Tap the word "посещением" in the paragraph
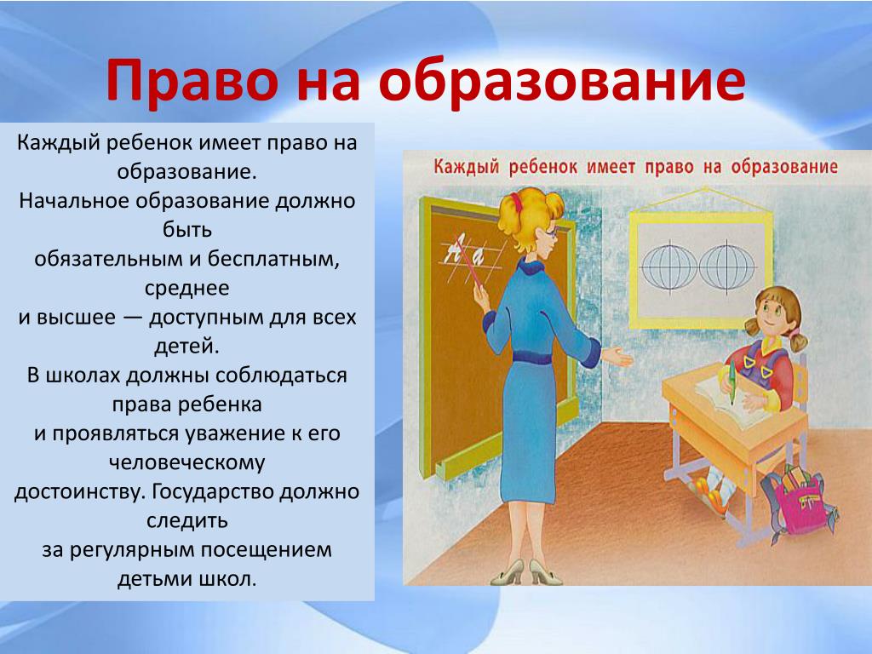tap(266, 550)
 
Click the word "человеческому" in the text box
tap(186, 462)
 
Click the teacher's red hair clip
tap(518, 201)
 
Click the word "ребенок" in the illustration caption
tap(542, 168)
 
